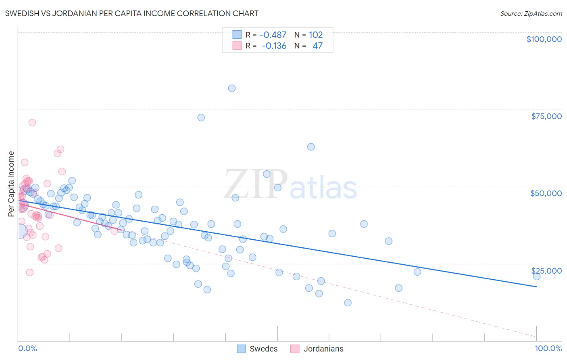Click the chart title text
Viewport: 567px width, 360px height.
pyautogui.click(x=131, y=13)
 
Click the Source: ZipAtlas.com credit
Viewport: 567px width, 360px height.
pyautogui.click(x=531, y=13)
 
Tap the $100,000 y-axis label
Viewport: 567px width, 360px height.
pyautogui.click(x=544, y=39)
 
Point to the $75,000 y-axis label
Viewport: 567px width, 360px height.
pyautogui.click(x=546, y=116)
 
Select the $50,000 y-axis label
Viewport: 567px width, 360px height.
pyautogui.click(x=546, y=193)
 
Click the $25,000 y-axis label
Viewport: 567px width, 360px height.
pyautogui.click(x=546, y=271)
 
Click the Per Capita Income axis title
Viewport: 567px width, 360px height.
pyautogui.click(x=11, y=184)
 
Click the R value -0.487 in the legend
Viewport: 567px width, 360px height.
pyautogui.click(x=273, y=35)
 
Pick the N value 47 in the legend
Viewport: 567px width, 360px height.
pyautogui.click(x=318, y=46)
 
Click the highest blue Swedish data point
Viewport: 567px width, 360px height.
pyautogui.click(x=232, y=88)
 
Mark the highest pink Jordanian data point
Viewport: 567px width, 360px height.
pyautogui.click(x=32, y=123)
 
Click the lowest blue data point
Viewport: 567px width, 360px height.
pyautogui.click(x=348, y=303)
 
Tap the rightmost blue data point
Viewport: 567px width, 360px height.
pyautogui.click(x=537, y=276)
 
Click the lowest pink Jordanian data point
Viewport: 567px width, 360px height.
pyautogui.click(x=29, y=272)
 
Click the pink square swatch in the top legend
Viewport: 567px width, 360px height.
pyautogui.click(x=237, y=46)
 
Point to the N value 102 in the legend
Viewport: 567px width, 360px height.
pyautogui.click(x=316, y=35)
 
